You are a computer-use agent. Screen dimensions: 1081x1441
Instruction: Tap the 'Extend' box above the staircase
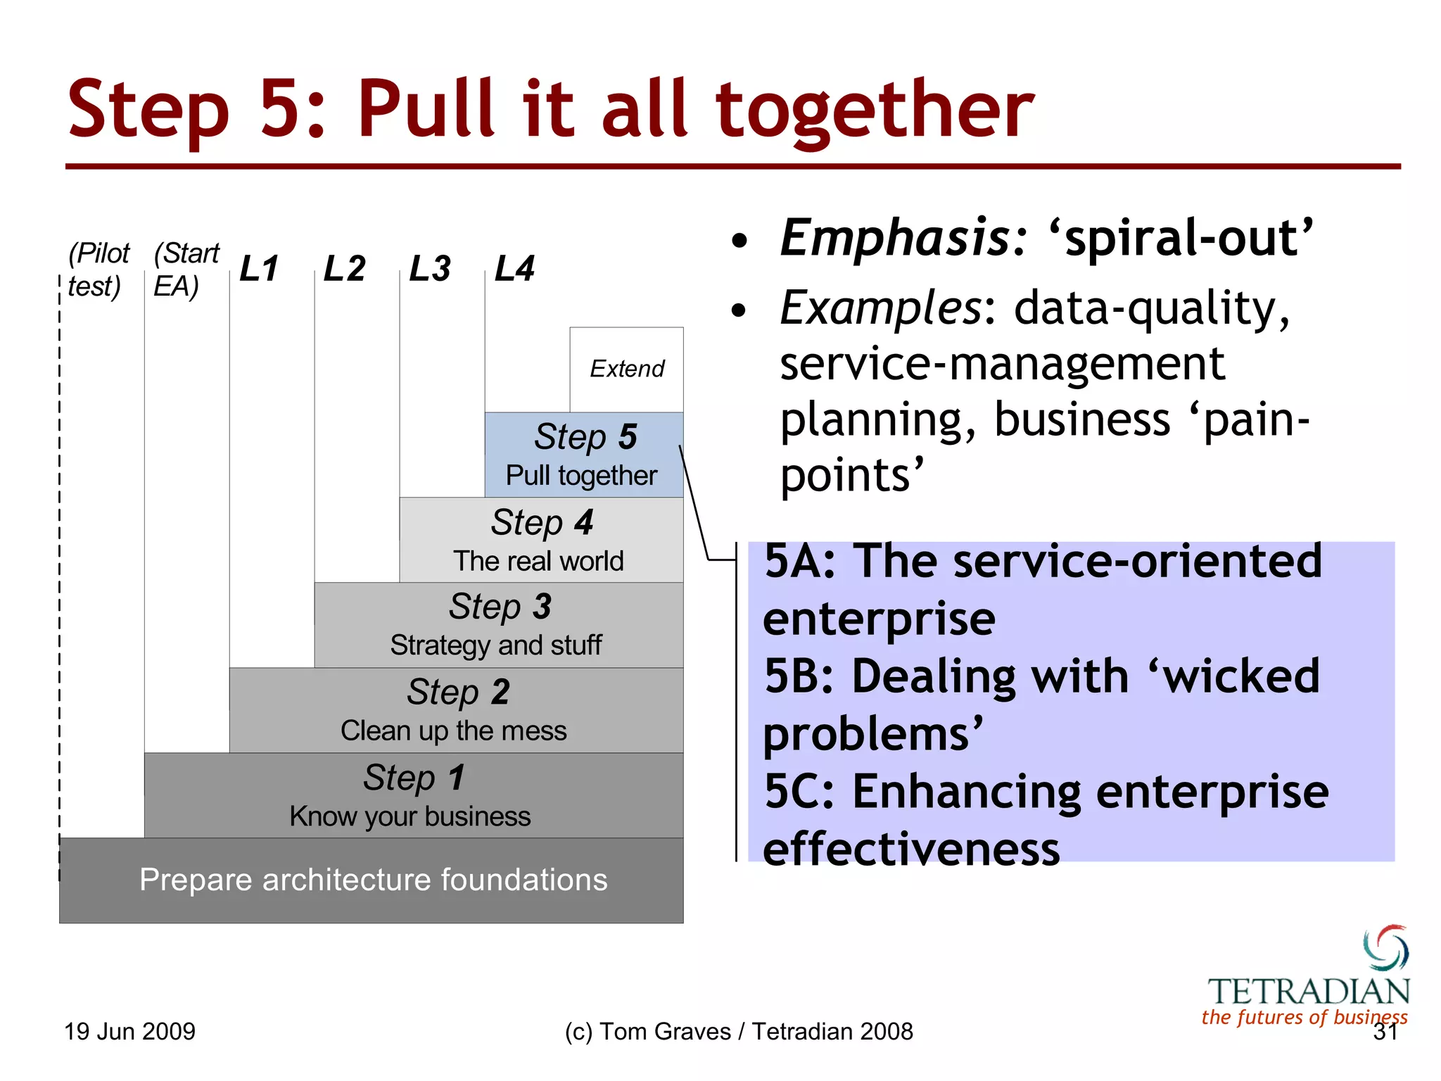click(x=626, y=369)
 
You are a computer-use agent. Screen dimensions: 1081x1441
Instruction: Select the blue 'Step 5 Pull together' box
click(x=583, y=455)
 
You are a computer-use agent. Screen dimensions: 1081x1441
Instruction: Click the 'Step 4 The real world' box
click(x=540, y=540)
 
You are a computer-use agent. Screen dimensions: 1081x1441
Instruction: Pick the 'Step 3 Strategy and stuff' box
click(x=498, y=625)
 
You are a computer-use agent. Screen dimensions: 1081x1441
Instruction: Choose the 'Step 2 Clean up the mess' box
click(x=456, y=710)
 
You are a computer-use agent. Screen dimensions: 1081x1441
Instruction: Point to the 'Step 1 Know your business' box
click(x=413, y=795)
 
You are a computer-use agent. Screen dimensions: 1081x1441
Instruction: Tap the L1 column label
click(x=259, y=269)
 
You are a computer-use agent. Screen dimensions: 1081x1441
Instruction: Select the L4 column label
click(x=514, y=269)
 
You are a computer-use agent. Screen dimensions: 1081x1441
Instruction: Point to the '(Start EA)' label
click(x=185, y=270)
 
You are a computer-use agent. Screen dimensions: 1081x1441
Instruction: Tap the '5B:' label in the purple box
click(x=799, y=676)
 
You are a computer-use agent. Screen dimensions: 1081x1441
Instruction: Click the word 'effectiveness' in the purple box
click(x=911, y=849)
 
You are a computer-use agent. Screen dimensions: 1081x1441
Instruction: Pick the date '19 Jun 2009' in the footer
click(x=129, y=1032)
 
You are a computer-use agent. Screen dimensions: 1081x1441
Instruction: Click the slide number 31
click(x=1385, y=1032)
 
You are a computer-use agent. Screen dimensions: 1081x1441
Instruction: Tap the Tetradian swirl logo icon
click(x=1385, y=948)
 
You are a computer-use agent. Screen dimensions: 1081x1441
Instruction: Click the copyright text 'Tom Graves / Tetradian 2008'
click(x=756, y=1032)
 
